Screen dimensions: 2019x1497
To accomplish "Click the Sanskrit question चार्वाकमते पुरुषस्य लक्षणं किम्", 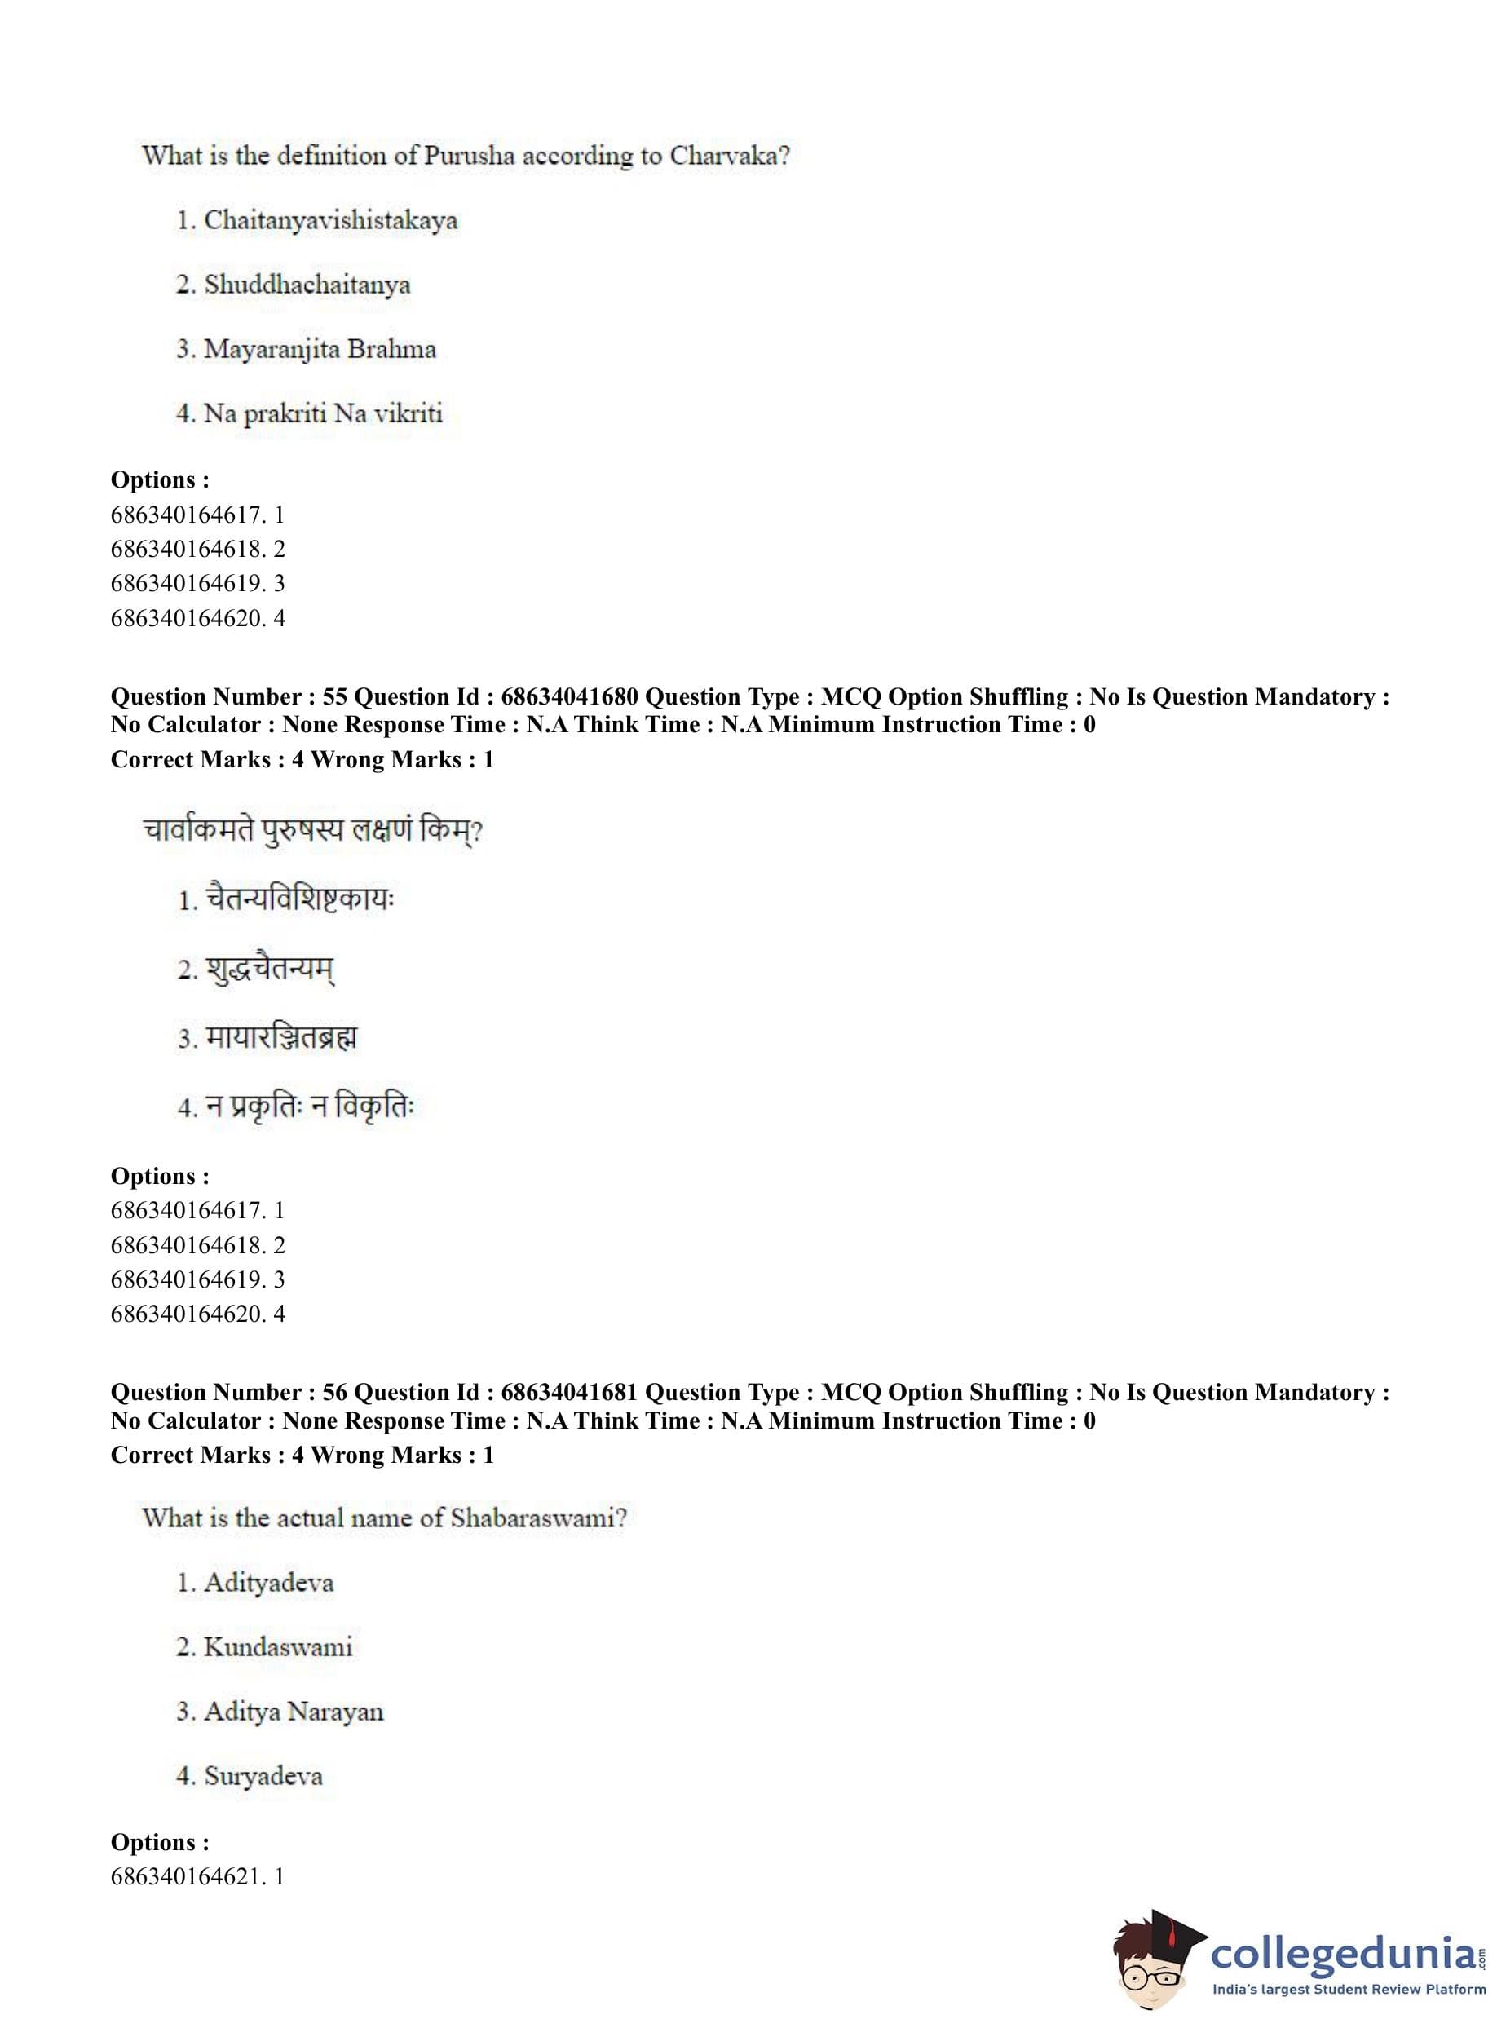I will coord(312,830).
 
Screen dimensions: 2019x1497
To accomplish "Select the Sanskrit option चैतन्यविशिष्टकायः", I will coord(300,898).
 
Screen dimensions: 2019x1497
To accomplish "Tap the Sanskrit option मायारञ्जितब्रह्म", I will coord(281,1036).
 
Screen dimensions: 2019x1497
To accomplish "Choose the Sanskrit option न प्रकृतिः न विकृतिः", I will coord(309,1106).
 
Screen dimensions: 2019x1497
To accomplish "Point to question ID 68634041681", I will coord(569,1392).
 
